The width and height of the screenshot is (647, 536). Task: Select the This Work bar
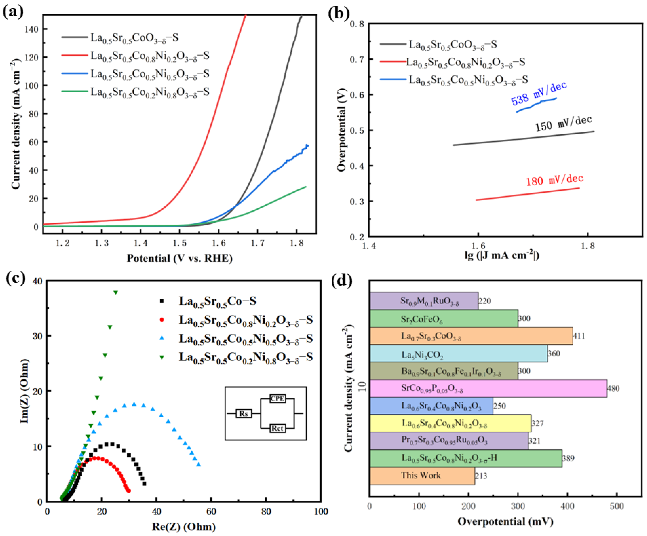click(422, 476)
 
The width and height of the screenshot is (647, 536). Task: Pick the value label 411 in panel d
click(579, 336)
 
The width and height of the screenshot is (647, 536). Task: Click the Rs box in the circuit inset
click(244, 414)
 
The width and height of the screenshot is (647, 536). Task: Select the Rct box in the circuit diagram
click(277, 428)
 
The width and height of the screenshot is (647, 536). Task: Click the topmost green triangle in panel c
click(116, 292)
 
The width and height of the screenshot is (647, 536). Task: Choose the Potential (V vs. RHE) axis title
click(180, 258)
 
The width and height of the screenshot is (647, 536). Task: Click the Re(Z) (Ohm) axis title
click(184, 527)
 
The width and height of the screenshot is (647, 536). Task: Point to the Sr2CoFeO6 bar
click(444, 318)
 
